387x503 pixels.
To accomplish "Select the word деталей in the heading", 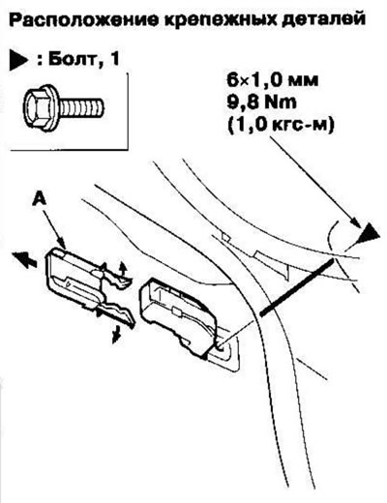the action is point(322,19).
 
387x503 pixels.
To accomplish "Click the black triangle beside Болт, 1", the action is point(18,60).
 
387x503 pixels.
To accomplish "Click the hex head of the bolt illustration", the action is point(41,107).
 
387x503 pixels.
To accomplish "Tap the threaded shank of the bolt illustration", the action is point(81,107).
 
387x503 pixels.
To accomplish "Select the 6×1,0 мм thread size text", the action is point(273,80).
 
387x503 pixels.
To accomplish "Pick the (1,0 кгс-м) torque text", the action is point(281,125).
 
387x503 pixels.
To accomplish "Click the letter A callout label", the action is point(40,200).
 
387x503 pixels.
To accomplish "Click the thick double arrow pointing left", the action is point(24,259).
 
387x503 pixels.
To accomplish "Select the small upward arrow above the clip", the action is point(122,268).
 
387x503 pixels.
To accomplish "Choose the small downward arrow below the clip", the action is point(116,335).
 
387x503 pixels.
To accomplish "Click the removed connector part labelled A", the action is point(87,287).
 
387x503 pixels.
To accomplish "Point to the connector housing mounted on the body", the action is point(179,317).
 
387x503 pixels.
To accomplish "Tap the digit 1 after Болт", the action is point(113,59).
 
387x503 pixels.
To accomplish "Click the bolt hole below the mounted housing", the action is point(220,347).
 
